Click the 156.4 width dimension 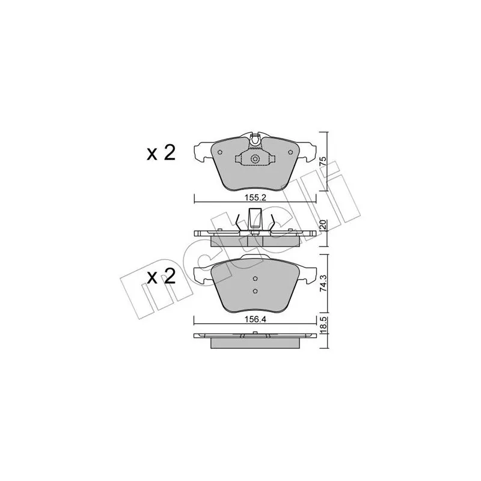point(255,320)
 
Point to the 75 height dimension point(322,161)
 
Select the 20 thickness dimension point(322,225)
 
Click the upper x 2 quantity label point(161,153)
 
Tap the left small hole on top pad point(219,152)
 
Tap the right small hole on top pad point(290,152)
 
